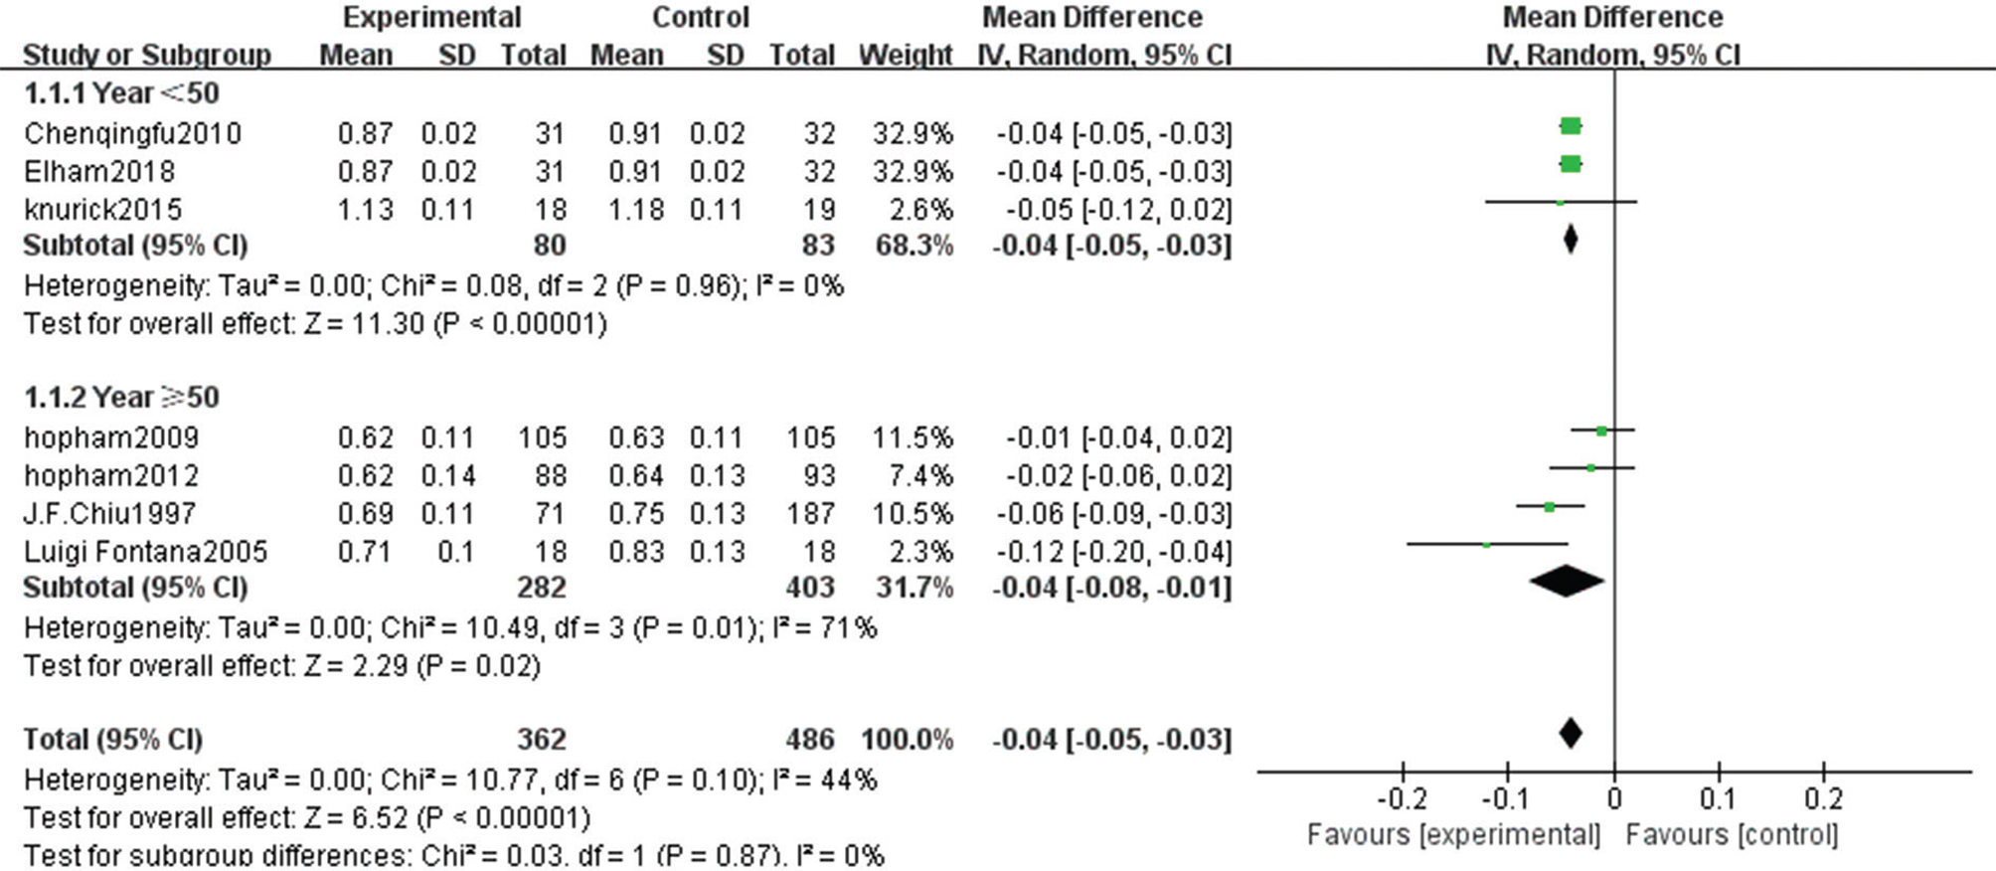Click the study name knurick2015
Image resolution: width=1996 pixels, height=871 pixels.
(x=103, y=210)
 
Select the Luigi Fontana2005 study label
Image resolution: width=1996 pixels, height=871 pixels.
(x=146, y=552)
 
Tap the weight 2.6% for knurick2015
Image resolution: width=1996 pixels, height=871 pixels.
(x=926, y=210)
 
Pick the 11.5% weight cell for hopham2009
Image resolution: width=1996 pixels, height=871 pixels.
(x=913, y=437)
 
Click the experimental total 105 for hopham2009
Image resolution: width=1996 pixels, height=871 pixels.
(x=542, y=437)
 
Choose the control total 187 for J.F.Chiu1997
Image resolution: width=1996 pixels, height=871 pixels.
(x=810, y=514)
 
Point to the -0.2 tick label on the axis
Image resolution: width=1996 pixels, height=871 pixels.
(x=1402, y=799)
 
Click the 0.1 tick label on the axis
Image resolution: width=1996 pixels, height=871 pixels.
(x=1718, y=799)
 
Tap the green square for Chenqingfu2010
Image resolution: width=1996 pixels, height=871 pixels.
(x=1571, y=126)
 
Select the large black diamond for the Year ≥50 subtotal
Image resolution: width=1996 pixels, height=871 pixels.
(x=1567, y=582)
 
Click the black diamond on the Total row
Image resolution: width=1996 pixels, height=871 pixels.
(x=1571, y=734)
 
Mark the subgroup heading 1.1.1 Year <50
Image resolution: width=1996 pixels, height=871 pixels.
(x=121, y=93)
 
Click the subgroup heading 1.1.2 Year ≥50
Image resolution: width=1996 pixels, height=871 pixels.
(x=121, y=398)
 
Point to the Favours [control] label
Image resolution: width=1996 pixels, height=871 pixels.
(x=1732, y=835)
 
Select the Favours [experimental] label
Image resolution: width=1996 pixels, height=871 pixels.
(x=1453, y=835)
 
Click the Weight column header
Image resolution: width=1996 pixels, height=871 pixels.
(x=906, y=55)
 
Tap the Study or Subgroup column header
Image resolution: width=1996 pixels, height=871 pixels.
(x=147, y=55)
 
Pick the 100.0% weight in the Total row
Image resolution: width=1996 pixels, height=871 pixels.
(x=907, y=740)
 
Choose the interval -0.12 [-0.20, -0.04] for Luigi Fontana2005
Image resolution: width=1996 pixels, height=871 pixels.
(x=1113, y=552)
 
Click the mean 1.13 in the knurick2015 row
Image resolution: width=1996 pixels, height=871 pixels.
(x=365, y=210)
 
